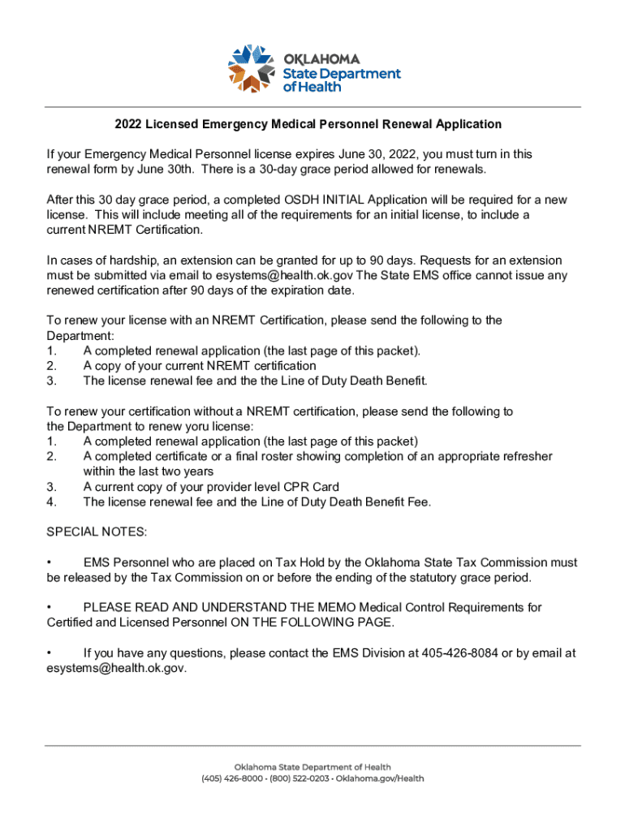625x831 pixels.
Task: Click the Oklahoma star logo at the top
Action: (x=253, y=68)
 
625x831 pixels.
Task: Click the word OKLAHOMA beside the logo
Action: (x=321, y=59)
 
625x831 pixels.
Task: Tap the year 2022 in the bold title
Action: (x=128, y=124)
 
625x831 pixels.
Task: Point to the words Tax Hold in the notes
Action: (x=306, y=562)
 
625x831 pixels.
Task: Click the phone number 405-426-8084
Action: (x=460, y=652)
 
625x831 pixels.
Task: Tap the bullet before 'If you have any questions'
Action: (x=50, y=652)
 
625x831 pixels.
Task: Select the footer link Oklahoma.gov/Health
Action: (x=386, y=778)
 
